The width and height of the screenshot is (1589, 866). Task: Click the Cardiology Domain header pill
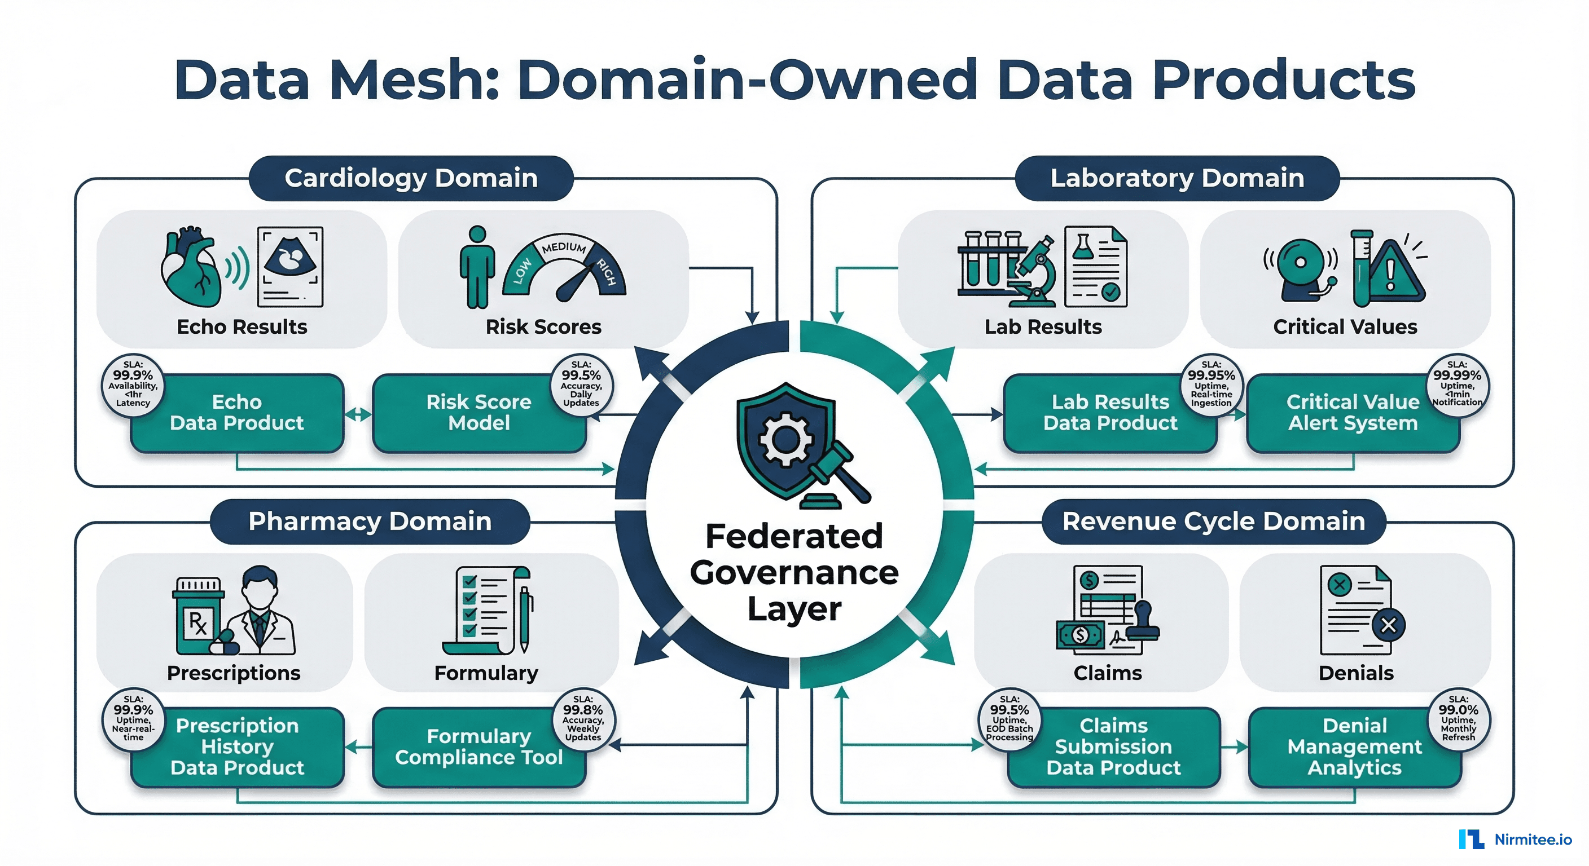click(x=411, y=178)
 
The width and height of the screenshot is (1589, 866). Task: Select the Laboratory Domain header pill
click(x=1177, y=178)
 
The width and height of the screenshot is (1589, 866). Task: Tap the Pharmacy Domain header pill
click(x=370, y=522)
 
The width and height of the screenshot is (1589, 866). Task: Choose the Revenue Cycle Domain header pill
click(x=1213, y=522)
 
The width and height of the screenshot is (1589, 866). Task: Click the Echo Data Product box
click(x=237, y=413)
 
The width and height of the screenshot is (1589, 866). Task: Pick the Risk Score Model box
click(x=479, y=413)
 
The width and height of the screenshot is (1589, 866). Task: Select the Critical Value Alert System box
click(x=1352, y=413)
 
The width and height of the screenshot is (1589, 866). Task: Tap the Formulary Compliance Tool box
click(x=479, y=747)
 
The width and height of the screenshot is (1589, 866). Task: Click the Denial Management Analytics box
click(x=1354, y=747)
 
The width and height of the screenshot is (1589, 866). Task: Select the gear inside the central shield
click(x=785, y=439)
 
